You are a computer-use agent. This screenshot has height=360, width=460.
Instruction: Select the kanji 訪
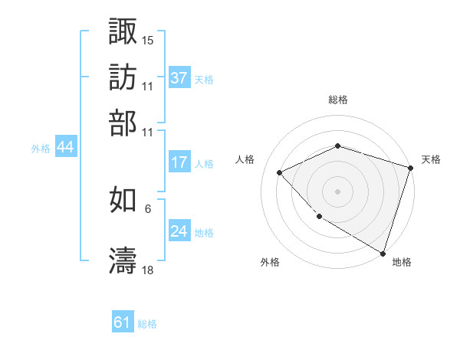point(123,77)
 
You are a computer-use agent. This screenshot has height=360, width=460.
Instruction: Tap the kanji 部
point(123,123)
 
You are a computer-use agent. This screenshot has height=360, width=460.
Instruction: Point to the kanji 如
point(123,201)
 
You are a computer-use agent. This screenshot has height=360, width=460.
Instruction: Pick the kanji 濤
point(123,260)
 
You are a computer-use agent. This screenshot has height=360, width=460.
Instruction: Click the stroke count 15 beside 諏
point(148,39)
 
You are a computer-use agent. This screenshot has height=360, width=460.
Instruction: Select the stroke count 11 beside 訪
point(148,86)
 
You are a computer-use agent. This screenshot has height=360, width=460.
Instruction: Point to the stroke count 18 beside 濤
point(148,270)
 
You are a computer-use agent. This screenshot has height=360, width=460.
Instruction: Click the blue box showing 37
point(179,77)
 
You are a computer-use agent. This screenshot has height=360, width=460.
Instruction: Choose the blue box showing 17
point(179,162)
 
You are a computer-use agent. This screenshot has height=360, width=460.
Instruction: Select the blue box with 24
point(179,231)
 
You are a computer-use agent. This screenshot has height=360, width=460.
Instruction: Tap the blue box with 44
point(65,147)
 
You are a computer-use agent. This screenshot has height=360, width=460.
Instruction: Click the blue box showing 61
point(123,322)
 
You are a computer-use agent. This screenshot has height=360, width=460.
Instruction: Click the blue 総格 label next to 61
point(147,324)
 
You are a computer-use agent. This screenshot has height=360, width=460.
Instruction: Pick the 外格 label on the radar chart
point(270,262)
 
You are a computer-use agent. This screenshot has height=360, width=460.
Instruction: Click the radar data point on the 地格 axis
point(382,252)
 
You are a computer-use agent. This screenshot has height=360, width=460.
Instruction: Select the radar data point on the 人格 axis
point(280,173)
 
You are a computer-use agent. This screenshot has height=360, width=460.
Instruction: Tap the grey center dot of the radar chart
point(337,191)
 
